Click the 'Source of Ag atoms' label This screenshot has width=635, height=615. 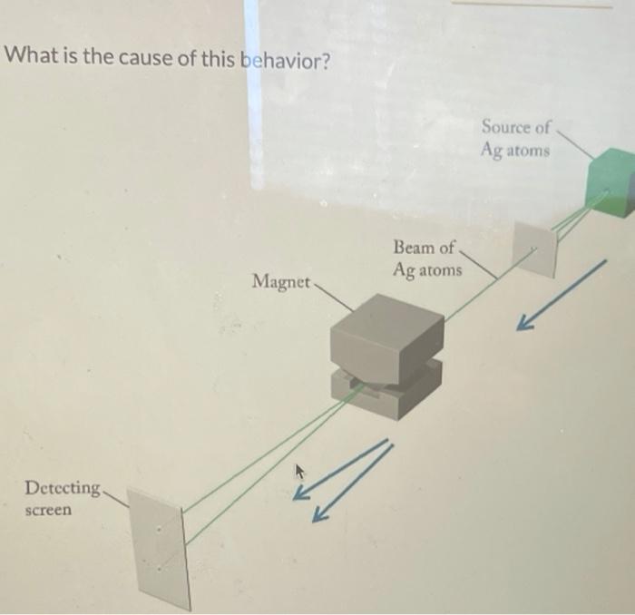click(515, 138)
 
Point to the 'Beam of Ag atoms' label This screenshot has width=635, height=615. click(426, 258)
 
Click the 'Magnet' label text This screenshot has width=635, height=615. click(281, 281)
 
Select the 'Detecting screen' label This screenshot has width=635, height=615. click(62, 498)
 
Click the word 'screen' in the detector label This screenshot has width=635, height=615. click(48, 510)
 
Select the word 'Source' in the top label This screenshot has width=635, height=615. click(503, 127)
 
